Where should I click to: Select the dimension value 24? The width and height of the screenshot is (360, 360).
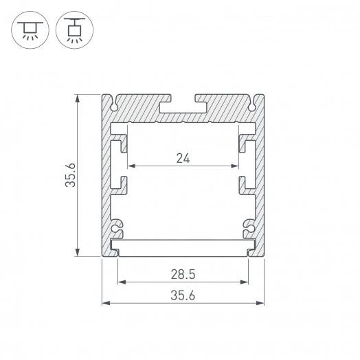click(183, 158)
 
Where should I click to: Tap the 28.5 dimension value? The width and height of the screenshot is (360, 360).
click(183, 273)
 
